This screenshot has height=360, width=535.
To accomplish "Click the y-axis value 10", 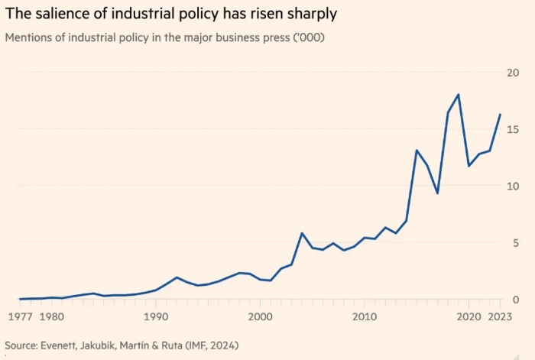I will point(514,186).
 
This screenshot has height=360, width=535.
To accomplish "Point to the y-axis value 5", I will point(517,243).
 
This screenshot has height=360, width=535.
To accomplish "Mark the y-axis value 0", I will point(517,300).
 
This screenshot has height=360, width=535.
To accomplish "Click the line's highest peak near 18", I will point(458,95).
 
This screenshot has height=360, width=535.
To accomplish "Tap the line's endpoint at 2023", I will point(500,115).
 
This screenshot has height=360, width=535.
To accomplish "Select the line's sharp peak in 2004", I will point(302,233).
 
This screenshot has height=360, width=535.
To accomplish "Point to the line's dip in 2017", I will point(437,193).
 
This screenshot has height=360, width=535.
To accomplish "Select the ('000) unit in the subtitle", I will point(305,38).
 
